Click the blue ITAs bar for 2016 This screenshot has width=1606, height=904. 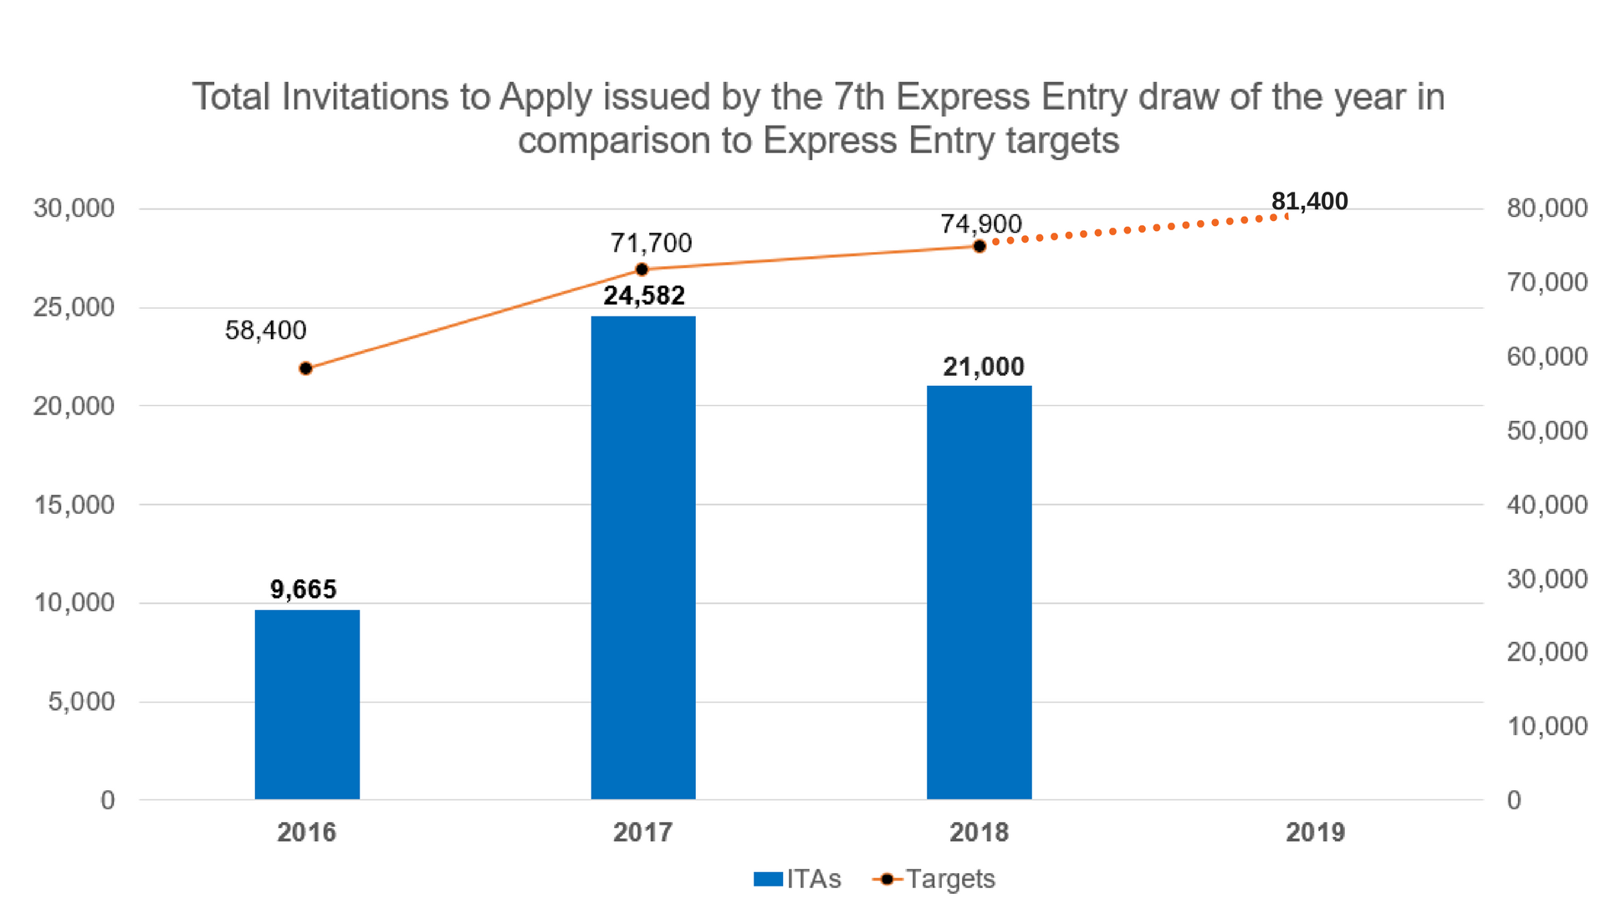click(x=307, y=705)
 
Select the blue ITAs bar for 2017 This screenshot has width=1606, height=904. click(x=643, y=557)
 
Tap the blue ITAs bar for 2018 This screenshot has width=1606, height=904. click(x=979, y=593)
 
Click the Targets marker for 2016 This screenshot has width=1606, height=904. click(x=306, y=368)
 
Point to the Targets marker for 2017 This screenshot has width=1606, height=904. click(x=642, y=270)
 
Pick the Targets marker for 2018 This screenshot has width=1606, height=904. click(x=979, y=246)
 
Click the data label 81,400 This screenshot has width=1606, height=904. click(x=1309, y=202)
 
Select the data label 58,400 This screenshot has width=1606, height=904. click(x=265, y=331)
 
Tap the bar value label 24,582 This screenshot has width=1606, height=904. click(x=644, y=295)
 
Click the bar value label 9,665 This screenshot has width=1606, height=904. click(x=303, y=589)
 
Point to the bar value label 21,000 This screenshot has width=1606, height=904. click(x=983, y=367)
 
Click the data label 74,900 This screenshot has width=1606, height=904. click(x=980, y=223)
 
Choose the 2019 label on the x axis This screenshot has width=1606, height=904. click(x=1315, y=832)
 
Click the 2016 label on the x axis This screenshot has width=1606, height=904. click(x=306, y=832)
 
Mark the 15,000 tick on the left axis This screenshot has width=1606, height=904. click(x=74, y=505)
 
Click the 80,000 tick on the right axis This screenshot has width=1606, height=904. click(x=1547, y=208)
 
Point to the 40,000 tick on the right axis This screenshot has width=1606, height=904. click(x=1547, y=505)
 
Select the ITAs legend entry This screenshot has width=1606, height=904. click(x=797, y=879)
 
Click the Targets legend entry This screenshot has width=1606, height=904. click(x=934, y=879)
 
